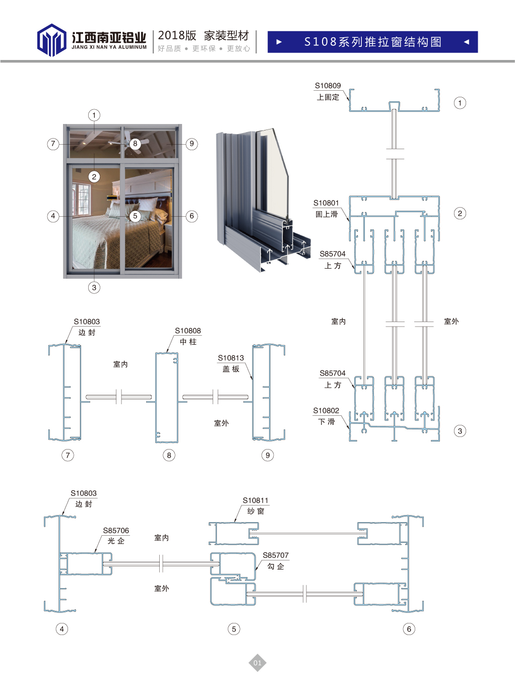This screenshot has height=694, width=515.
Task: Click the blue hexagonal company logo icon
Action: pyautogui.click(x=51, y=40)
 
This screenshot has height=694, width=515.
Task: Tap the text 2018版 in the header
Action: pyautogui.click(x=177, y=35)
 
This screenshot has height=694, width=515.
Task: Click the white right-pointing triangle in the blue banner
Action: pyautogui.click(x=279, y=42)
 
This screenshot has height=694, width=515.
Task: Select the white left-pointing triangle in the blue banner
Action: pyautogui.click(x=466, y=42)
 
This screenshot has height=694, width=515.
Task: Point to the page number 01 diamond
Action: pyautogui.click(x=257, y=663)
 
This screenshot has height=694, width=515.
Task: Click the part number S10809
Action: pyautogui.click(x=328, y=86)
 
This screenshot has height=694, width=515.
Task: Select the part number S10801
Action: pyautogui.click(x=326, y=203)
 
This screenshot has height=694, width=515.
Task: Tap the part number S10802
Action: pyautogui.click(x=326, y=411)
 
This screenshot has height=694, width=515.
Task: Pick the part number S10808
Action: pyautogui.click(x=187, y=331)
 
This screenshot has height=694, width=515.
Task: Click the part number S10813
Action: pyautogui.click(x=231, y=358)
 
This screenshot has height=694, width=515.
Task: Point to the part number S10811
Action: pyautogui.click(x=255, y=500)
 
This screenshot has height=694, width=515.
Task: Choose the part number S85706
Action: pyautogui.click(x=116, y=531)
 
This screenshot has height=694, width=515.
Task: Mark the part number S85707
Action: pyautogui.click(x=276, y=555)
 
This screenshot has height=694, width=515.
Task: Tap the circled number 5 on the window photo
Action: pyautogui.click(x=135, y=216)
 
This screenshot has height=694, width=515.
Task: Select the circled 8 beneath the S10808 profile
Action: pyautogui.click(x=169, y=455)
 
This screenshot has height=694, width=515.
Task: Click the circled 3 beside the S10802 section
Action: pyautogui.click(x=460, y=431)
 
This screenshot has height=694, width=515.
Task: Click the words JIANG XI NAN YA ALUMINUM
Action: pyautogui.click(x=109, y=47)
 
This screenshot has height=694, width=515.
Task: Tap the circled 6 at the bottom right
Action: pyautogui.click(x=409, y=629)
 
